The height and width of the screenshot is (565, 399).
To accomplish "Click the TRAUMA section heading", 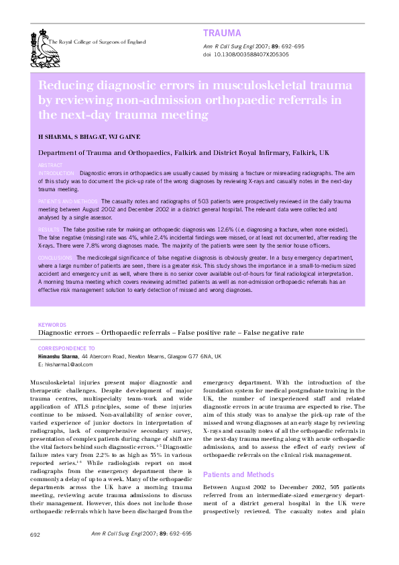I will pyautogui.click(x=221, y=33).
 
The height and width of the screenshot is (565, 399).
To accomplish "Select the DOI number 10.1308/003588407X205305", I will pyautogui.click(x=251, y=54).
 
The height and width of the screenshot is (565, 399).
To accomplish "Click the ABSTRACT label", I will pyautogui.click(x=50, y=165).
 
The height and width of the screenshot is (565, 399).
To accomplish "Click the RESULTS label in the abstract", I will pyautogui.click(x=49, y=229).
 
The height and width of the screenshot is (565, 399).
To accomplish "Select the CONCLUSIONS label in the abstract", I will pyautogui.click(x=56, y=258).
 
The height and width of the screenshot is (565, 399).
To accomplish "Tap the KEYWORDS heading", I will pyautogui.click(x=52, y=324).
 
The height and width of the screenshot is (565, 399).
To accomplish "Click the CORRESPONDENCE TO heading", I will pyautogui.click(x=66, y=349).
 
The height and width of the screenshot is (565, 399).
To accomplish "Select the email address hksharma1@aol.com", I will pyautogui.click(x=68, y=364).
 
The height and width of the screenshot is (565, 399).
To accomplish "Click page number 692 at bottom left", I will pyautogui.click(x=36, y=534).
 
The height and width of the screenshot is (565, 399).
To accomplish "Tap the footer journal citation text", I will pyautogui.click(x=141, y=533).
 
